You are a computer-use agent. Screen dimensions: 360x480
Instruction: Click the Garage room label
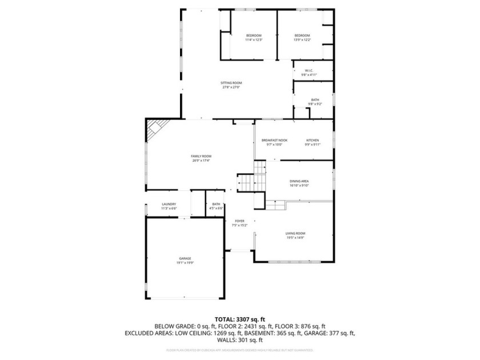[x=185, y=261]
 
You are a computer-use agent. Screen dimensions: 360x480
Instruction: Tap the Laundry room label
[x=169, y=206]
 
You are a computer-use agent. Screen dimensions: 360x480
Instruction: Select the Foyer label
[x=239, y=223]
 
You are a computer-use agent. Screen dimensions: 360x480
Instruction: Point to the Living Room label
[x=295, y=235]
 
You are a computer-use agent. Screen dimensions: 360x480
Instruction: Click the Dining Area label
[x=299, y=183]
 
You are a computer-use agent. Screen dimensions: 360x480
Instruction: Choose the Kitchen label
[x=313, y=142]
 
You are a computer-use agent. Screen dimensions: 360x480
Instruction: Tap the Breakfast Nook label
[x=274, y=142]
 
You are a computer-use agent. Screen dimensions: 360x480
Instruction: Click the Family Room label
[x=201, y=158]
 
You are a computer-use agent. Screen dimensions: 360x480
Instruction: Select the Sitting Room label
[x=231, y=85]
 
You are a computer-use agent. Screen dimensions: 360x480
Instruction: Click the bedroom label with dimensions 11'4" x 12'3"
[x=253, y=38]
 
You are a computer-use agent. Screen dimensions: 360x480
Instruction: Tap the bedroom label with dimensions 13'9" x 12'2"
[x=302, y=38]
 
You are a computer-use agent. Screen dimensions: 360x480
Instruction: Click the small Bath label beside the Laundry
[x=216, y=206]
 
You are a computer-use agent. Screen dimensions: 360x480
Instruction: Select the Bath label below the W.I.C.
[x=315, y=102]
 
